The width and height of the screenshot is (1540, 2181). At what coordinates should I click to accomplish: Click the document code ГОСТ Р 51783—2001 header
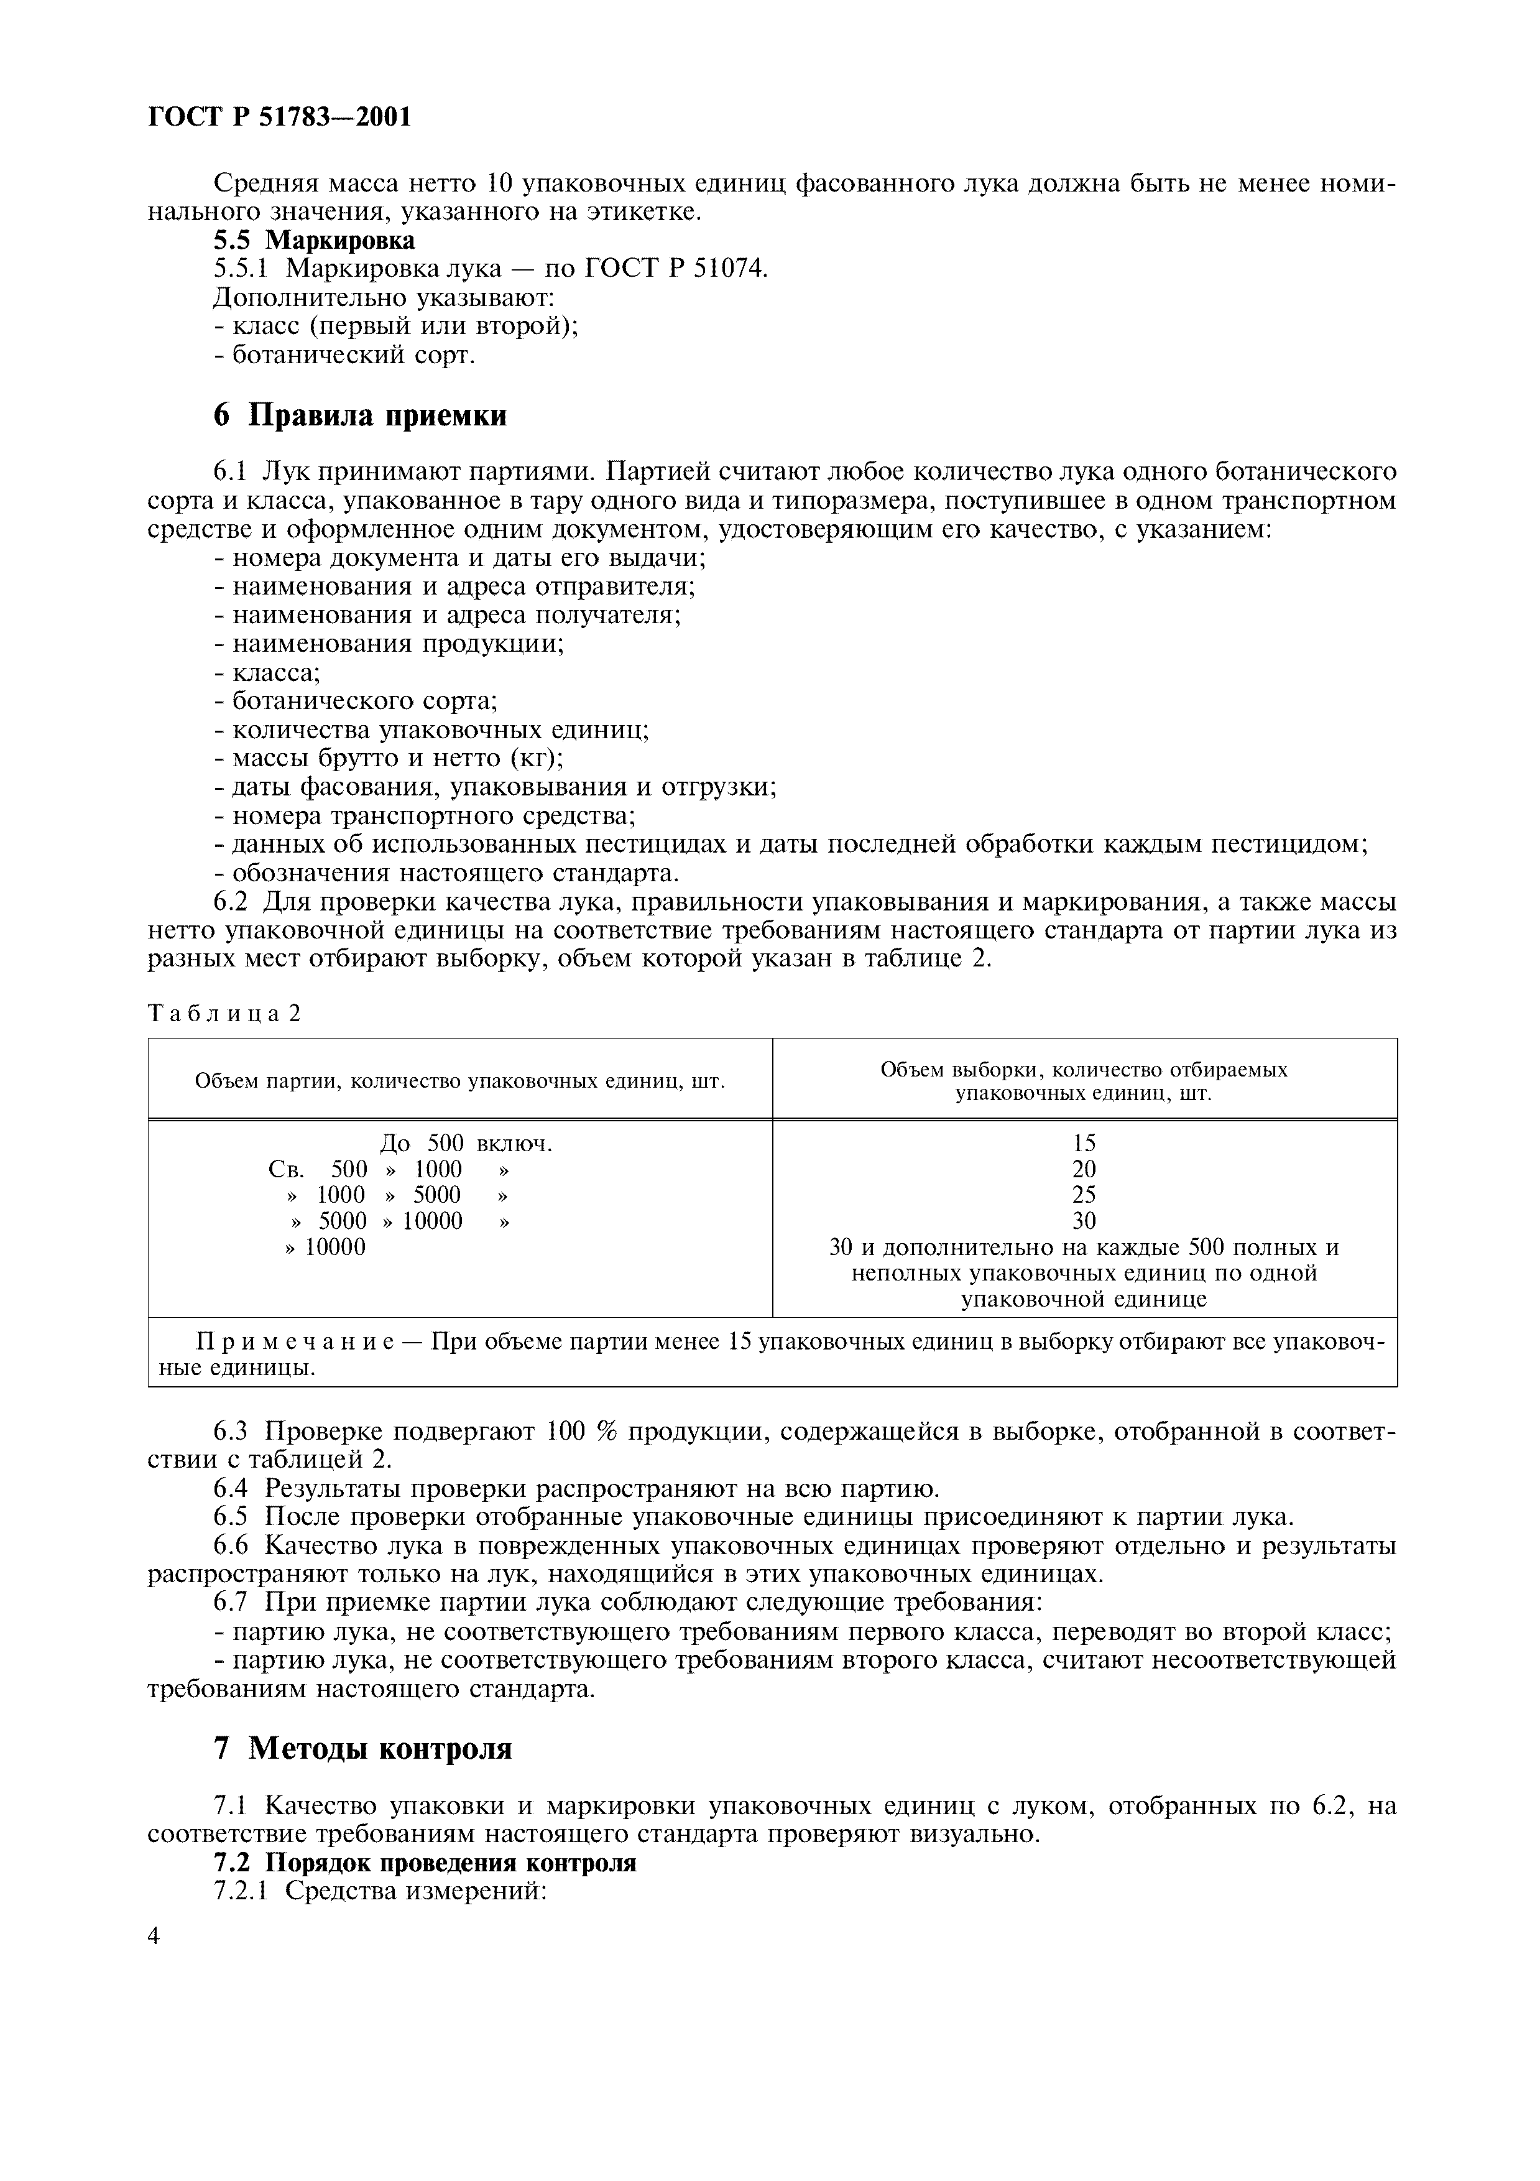coord(280,117)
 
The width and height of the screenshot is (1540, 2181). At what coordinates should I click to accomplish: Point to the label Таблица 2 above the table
coord(224,1014)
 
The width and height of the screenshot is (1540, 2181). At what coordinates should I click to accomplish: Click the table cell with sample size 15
coord(1083,1144)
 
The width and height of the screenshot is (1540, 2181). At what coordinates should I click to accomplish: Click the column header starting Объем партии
coord(459,1081)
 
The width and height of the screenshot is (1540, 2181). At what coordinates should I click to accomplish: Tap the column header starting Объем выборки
coord(1083,1081)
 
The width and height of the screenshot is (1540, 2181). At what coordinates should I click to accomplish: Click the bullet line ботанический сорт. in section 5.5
coord(344,355)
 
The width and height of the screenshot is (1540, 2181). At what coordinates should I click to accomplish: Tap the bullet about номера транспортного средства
coord(425,816)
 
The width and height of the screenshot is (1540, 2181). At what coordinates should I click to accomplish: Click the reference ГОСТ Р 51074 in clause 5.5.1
coord(674,269)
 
